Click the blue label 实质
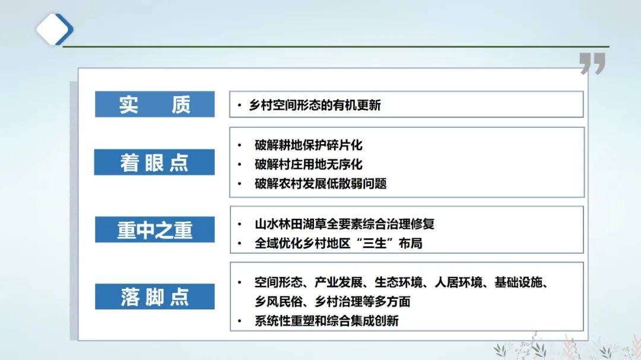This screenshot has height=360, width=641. [154, 104]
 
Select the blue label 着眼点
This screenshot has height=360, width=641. [154, 163]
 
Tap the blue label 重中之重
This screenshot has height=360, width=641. [154, 230]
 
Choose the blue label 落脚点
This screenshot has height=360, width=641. [154, 297]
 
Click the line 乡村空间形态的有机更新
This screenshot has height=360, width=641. [315, 106]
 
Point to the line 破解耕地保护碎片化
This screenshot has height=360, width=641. [308, 145]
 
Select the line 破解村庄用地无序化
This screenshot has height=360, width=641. [308, 164]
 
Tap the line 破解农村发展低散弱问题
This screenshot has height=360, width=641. [320, 183]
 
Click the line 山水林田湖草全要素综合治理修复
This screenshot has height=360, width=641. [344, 224]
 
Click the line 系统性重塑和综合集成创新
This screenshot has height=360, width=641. [326, 321]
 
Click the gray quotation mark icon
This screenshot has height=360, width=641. [592, 63]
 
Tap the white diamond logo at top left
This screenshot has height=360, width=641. [54, 28]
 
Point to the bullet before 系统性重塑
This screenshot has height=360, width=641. [239, 321]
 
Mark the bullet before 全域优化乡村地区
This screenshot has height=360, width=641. [239, 243]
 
